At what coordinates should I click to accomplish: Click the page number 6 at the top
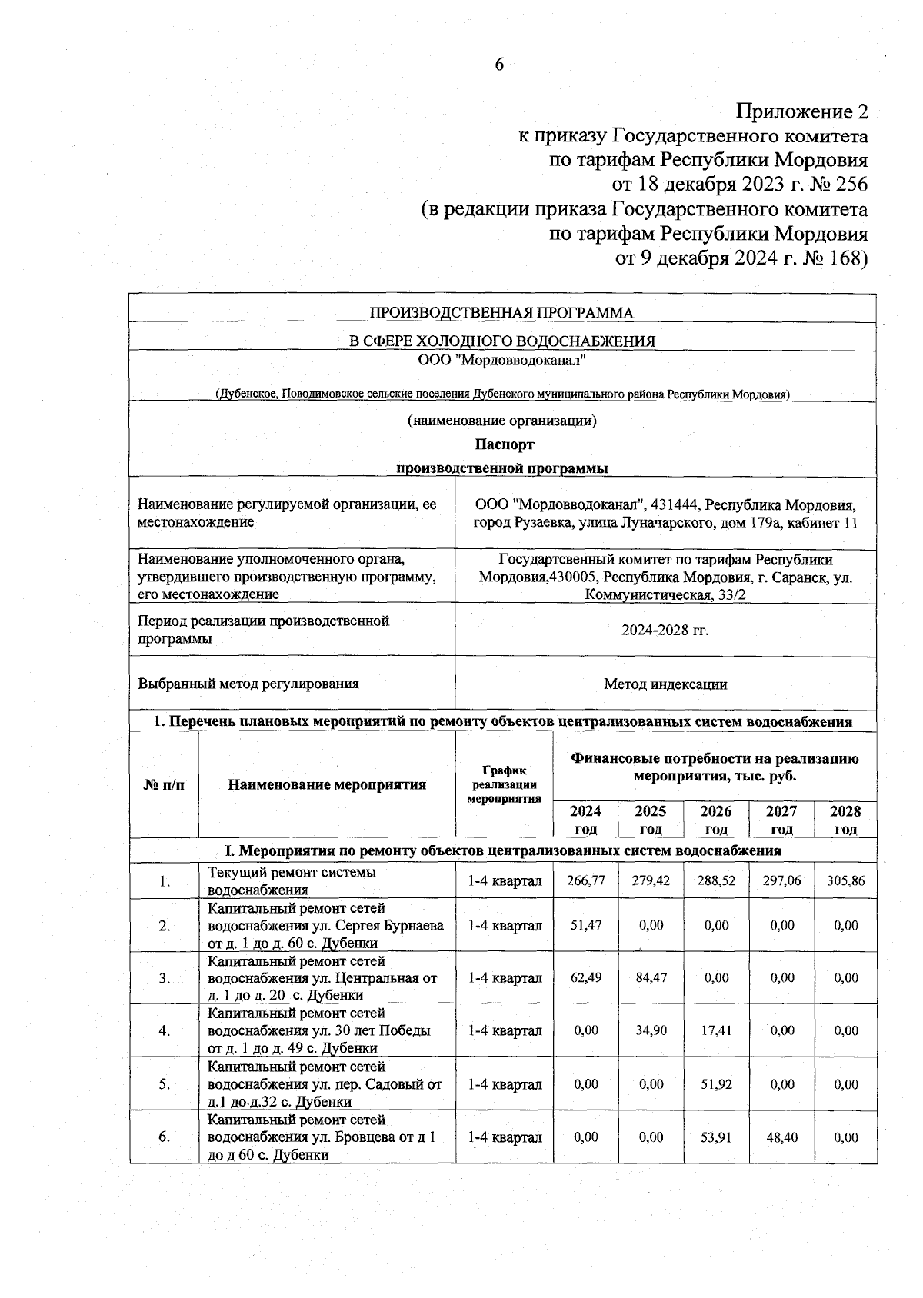[498, 65]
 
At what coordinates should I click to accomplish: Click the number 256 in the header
[845, 185]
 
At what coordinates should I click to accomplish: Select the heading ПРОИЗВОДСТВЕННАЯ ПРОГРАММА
[501, 313]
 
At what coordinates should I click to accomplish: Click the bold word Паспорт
[504, 444]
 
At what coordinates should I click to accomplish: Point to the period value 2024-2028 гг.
[665, 631]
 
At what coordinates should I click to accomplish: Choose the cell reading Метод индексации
[665, 684]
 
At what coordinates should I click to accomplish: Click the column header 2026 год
[716, 820]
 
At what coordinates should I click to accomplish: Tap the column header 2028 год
[845, 820]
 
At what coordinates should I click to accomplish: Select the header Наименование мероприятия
[327, 784]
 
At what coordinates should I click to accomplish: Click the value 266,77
[585, 880]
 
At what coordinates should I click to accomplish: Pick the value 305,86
[845, 880]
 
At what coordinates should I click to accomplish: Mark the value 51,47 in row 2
[585, 926]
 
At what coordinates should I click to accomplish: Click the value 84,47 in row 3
[651, 978]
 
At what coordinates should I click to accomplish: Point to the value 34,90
[651, 1030]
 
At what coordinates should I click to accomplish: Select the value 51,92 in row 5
[716, 1084]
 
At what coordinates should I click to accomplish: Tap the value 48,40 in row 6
[781, 1137]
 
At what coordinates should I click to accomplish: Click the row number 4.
[164, 1030]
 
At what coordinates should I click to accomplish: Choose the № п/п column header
[164, 784]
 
